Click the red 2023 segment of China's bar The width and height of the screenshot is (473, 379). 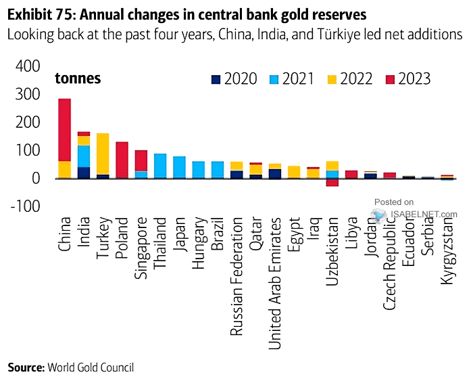click(64, 129)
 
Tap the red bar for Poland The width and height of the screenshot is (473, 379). click(122, 160)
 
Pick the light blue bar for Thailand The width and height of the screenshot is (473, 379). click(160, 166)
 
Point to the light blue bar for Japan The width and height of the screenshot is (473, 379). click(179, 167)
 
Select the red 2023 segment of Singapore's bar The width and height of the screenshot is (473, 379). click(141, 160)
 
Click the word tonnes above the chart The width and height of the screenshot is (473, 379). click(78, 79)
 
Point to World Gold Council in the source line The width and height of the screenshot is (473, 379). click(90, 367)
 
